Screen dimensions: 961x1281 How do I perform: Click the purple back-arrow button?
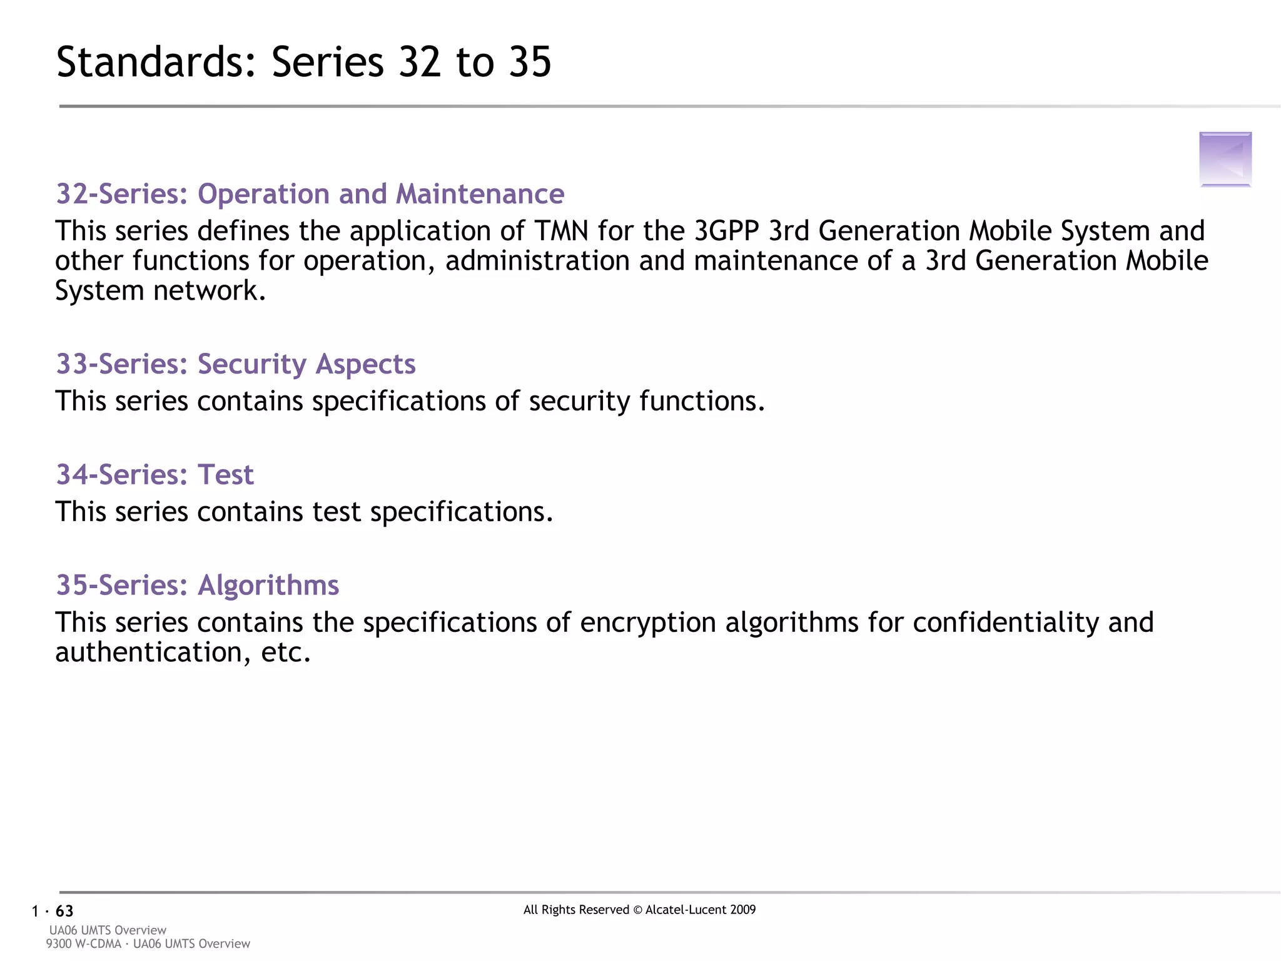click(1225, 159)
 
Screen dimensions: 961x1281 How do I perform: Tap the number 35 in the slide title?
click(530, 63)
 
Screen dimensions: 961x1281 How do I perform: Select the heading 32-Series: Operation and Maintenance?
click(310, 194)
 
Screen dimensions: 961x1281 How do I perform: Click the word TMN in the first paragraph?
click(561, 231)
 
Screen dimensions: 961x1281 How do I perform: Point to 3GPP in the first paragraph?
click(726, 231)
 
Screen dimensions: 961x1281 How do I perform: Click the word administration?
click(537, 261)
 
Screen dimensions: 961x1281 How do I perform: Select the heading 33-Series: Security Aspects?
click(236, 364)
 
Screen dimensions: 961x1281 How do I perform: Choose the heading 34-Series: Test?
click(154, 475)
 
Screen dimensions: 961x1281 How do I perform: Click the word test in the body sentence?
click(336, 512)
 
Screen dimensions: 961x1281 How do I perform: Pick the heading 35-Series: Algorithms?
click(198, 586)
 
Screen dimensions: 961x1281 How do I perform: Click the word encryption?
click(647, 623)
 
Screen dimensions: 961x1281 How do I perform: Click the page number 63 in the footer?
click(64, 911)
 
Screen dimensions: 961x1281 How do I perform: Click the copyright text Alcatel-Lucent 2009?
click(700, 910)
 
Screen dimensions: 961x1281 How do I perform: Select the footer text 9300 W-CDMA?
click(83, 943)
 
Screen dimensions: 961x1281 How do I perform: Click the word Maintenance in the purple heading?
click(480, 194)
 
